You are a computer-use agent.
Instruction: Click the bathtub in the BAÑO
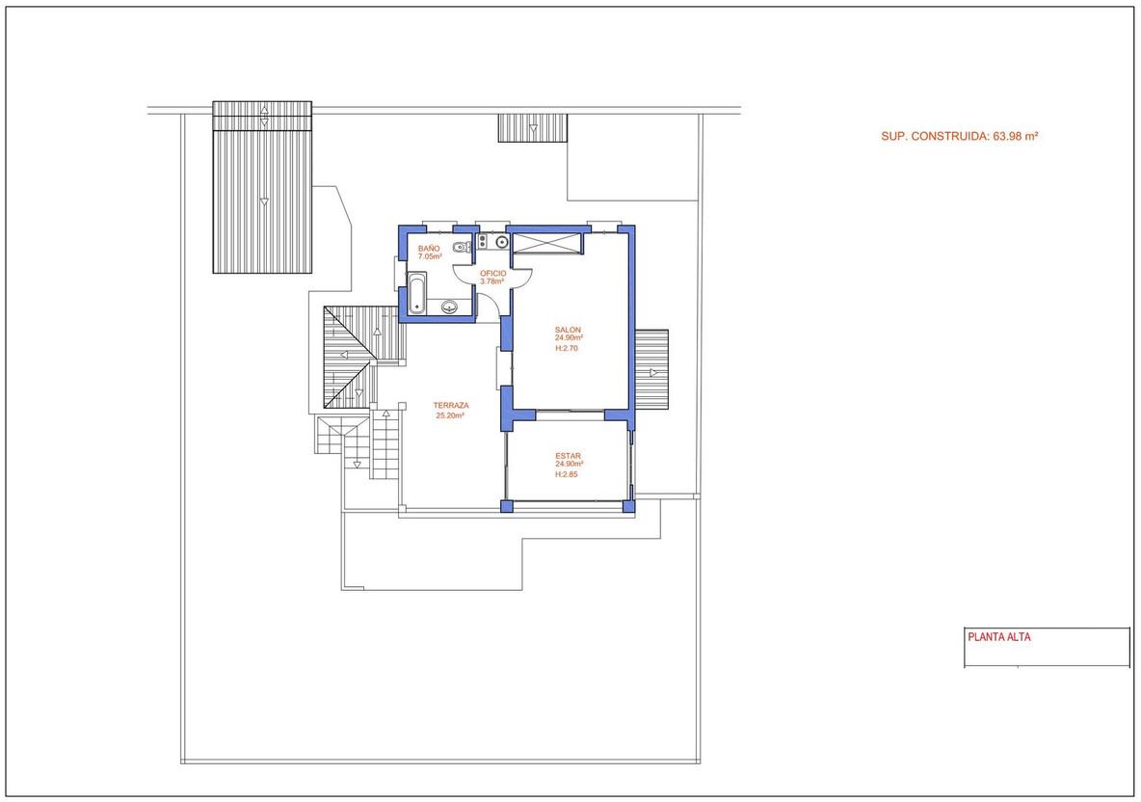pyautogui.click(x=416, y=293)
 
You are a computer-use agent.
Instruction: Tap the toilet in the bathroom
pyautogui.click(x=460, y=248)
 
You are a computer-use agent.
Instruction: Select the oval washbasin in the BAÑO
pyautogui.click(x=450, y=307)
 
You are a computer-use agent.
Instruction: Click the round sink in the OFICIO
pyautogui.click(x=501, y=242)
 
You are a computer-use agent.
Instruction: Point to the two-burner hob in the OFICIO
pyautogui.click(x=483, y=242)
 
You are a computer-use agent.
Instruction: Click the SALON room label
pyautogui.click(x=568, y=330)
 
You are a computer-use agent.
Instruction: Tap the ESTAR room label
pyautogui.click(x=569, y=456)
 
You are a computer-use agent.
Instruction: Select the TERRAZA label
pyautogui.click(x=451, y=406)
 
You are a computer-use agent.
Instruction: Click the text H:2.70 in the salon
pyautogui.click(x=567, y=349)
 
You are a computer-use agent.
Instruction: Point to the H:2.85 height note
pyautogui.click(x=567, y=474)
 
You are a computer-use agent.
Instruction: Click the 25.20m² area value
pyautogui.click(x=450, y=415)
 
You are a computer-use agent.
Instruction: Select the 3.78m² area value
pyautogui.click(x=491, y=281)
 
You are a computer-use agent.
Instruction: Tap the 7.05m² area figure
pyautogui.click(x=430, y=256)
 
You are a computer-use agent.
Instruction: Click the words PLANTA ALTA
pyautogui.click(x=999, y=637)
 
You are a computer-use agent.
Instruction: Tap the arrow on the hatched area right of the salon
pyautogui.click(x=653, y=373)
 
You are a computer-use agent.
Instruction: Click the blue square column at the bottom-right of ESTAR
pyautogui.click(x=628, y=506)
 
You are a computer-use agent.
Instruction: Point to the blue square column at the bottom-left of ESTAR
pyautogui.click(x=507, y=506)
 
